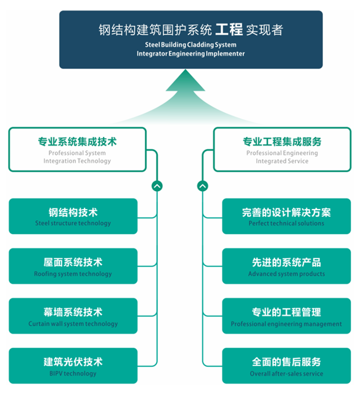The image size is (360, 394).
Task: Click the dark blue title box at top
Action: pos(191,39)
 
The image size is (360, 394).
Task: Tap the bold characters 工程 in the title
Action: pos(229,30)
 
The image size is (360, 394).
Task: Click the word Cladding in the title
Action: pos(200,45)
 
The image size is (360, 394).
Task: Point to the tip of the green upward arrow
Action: pos(186,70)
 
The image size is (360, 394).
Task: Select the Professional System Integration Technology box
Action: pos(78,149)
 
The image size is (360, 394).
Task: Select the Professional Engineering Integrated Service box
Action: pos(282,149)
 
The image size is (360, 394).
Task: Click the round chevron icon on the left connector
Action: pos(157,186)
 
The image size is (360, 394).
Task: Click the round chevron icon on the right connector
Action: pos(202,186)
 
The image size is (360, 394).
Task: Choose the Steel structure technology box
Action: pos(73,216)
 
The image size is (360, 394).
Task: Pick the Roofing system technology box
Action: pos(73,266)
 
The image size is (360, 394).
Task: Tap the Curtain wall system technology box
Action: pos(73,316)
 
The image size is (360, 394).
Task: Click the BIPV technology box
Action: pos(73,366)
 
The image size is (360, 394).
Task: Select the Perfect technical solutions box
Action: pos(287,216)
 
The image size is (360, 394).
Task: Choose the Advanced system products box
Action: pos(287,266)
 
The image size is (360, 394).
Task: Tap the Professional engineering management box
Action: pos(287,316)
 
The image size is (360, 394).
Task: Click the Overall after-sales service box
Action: pos(287,366)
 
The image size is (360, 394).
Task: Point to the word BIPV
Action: pos(56,374)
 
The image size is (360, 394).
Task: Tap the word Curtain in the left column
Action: pos(39,324)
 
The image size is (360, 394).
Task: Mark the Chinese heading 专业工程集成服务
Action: pos(282,142)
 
